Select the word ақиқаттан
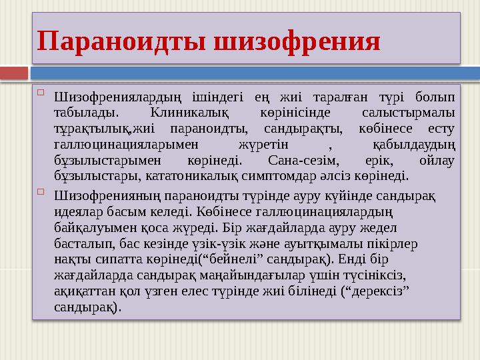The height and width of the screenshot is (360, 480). click(x=83, y=292)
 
